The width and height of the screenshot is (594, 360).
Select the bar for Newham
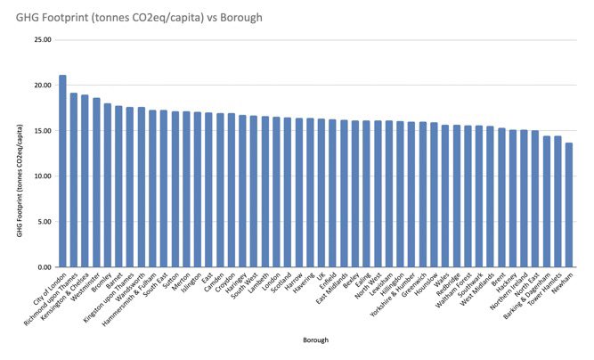569,205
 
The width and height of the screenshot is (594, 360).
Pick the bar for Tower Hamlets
557,201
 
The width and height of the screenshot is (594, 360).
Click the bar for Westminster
96,183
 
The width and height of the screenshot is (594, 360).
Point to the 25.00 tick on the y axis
43,40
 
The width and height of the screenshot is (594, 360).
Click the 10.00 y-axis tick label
43,176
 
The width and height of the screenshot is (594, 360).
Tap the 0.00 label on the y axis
45,267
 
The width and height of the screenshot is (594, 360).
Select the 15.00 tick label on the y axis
43,131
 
